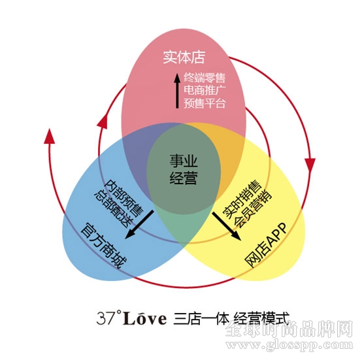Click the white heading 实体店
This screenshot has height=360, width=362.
(184, 57)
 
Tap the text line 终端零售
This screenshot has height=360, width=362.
(205, 78)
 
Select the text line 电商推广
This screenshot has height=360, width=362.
(205, 90)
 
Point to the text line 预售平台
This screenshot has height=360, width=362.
(205, 103)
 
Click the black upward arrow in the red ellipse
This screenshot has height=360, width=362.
(177, 91)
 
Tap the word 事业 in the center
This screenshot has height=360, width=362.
(184, 161)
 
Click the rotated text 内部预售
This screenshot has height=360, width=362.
(124, 198)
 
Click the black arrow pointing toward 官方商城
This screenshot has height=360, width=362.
(139, 224)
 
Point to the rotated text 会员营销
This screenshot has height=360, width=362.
(253, 209)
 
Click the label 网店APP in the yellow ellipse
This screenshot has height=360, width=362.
(266, 245)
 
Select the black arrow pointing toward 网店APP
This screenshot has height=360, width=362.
(227, 226)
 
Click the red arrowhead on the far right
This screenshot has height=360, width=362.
(310, 165)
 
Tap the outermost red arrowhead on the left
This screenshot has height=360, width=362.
(49, 137)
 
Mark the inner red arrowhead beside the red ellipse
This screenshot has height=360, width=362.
(103, 121)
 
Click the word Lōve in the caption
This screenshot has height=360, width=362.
(145, 318)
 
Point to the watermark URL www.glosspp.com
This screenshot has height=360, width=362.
(289, 345)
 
